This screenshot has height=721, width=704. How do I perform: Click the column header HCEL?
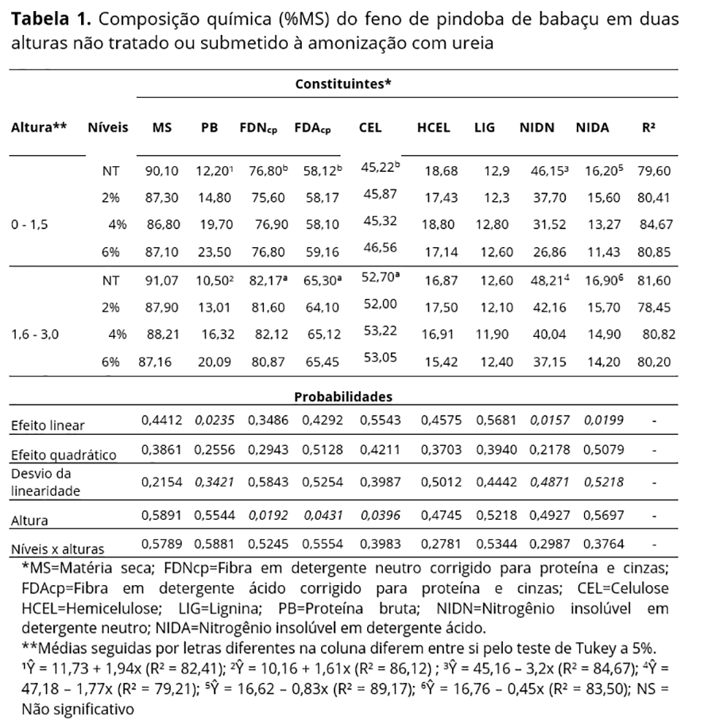pos(433,127)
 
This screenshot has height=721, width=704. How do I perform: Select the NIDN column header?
pos(536,127)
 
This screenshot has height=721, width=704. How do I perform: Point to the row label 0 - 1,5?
pos(30,225)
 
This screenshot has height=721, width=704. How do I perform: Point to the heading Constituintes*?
pos(343,83)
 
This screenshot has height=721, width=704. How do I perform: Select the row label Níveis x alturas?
pos(59,548)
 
